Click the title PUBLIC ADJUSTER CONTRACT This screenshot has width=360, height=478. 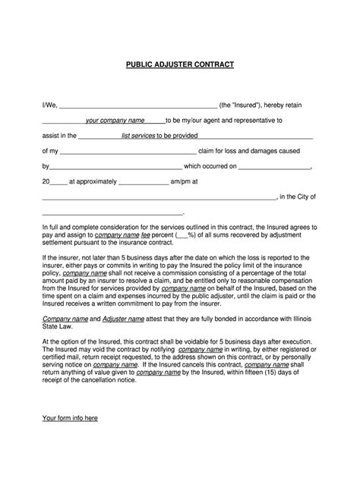[180, 64]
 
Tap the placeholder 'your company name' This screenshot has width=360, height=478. [115, 120]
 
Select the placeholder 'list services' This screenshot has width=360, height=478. [131, 136]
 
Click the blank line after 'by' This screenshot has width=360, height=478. [115, 168]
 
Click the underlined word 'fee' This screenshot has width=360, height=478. [146, 236]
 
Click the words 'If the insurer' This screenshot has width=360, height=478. [62, 258]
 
